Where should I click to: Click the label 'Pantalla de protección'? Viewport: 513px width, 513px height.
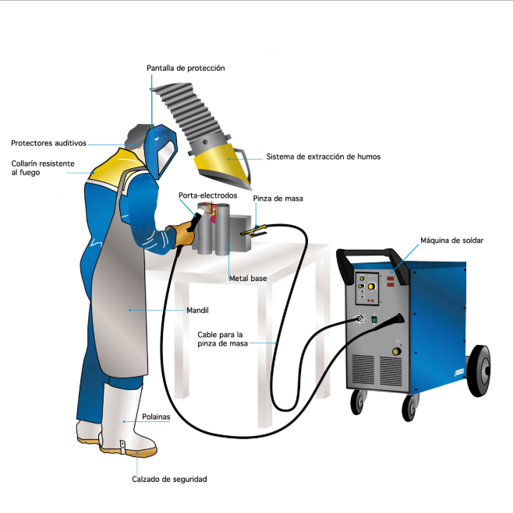186,69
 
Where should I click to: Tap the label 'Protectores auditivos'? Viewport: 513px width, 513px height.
48,143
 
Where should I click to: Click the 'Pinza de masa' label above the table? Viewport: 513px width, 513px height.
278,199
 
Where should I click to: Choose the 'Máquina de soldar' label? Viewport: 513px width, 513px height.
452,241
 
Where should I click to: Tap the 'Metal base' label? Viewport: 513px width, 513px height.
248,278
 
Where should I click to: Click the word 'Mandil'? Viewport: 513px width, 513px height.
197,310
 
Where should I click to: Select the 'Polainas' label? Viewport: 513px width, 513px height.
157,416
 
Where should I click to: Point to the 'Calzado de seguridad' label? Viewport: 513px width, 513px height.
169,479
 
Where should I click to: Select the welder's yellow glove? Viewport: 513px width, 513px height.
184,233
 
